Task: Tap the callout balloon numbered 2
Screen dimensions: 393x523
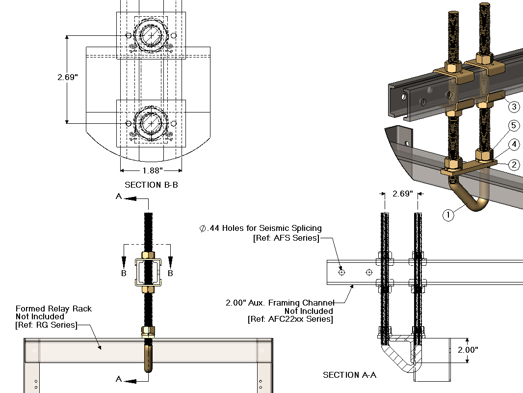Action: click(x=514, y=165)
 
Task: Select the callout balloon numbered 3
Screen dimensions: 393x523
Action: click(x=514, y=107)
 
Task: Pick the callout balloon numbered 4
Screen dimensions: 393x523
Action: click(x=514, y=144)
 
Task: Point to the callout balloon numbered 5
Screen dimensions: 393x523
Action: click(x=514, y=126)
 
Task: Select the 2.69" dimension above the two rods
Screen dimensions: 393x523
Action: click(x=402, y=194)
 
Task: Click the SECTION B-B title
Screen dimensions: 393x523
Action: click(x=151, y=185)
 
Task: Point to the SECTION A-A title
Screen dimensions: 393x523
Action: click(x=348, y=375)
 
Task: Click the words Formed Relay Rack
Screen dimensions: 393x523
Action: click(x=54, y=309)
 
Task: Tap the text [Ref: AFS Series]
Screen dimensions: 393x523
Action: click(x=286, y=238)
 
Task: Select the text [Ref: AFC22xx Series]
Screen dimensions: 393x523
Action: click(x=290, y=320)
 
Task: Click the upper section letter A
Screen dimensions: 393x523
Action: click(x=118, y=196)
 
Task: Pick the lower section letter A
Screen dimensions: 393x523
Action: click(x=118, y=378)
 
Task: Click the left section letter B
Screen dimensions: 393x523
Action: click(x=124, y=273)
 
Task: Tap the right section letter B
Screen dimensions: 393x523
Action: click(x=170, y=273)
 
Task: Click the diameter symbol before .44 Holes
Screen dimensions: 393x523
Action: click(x=202, y=228)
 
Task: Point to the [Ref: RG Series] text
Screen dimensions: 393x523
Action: click(x=46, y=325)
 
